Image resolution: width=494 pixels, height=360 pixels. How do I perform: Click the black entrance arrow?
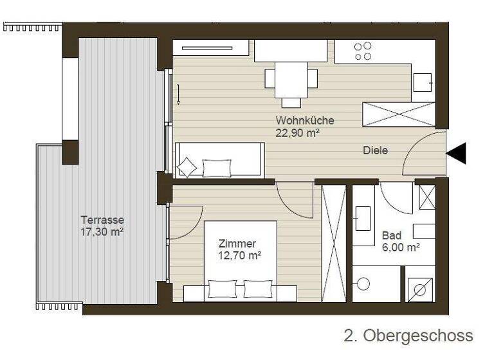click(457, 153)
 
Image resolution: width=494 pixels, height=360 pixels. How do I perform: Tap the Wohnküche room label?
click(305, 120)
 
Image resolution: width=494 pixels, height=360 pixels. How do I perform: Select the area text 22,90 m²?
click(298, 132)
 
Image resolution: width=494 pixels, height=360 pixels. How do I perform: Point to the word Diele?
click(375, 150)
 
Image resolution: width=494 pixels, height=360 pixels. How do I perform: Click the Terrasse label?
click(102, 219)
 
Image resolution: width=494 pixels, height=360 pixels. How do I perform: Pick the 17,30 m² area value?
click(102, 231)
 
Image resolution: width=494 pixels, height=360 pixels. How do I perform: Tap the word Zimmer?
click(237, 244)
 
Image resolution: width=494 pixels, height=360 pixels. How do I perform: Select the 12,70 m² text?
click(239, 256)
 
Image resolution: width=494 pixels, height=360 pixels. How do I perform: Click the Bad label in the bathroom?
click(391, 235)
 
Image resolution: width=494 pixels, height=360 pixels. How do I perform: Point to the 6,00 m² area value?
click(401, 247)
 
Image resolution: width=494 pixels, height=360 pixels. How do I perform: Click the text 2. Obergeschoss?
click(408, 336)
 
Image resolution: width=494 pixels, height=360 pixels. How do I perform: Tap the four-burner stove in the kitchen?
click(363, 51)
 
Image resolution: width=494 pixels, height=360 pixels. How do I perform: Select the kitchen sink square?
click(423, 82)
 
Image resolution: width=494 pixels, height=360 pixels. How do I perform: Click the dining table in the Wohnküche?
click(291, 80)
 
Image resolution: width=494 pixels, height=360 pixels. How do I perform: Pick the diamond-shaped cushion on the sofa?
click(187, 167)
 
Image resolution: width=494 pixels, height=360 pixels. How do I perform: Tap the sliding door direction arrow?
click(179, 95)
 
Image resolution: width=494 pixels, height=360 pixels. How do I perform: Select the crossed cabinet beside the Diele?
click(399, 114)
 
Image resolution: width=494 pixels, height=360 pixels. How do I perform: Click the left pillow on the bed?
click(222, 289)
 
